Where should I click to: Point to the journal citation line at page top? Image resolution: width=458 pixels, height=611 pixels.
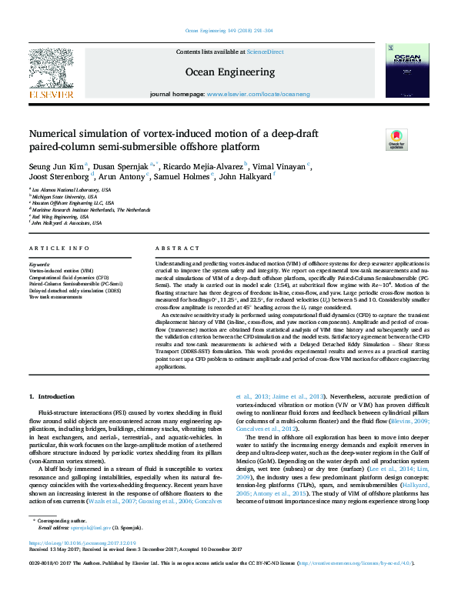[229, 31]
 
